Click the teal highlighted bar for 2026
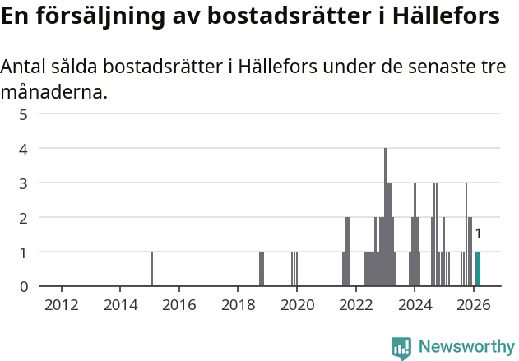(x=477, y=269)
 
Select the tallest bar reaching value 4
(x=385, y=218)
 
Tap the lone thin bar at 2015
(x=152, y=269)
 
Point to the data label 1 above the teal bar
(x=478, y=234)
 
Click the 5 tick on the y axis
(x=24, y=114)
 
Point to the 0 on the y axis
(x=24, y=286)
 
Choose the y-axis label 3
(x=24, y=183)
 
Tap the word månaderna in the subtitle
(x=54, y=92)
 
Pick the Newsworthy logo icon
(x=401, y=348)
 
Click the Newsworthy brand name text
(x=466, y=347)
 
